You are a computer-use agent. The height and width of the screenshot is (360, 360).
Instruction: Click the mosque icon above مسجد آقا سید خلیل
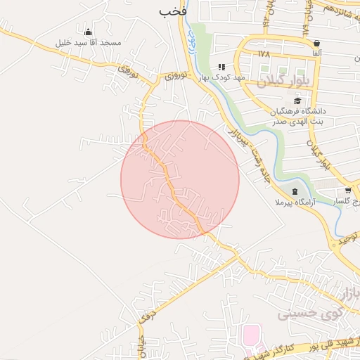tap(88, 32)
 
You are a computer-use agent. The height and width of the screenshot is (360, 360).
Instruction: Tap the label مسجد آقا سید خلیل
tap(89, 43)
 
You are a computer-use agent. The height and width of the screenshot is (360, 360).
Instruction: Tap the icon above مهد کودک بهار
tap(221, 67)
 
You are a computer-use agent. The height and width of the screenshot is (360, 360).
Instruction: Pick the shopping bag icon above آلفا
tap(317, 43)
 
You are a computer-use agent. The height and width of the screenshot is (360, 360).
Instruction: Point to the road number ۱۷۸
tap(264, 53)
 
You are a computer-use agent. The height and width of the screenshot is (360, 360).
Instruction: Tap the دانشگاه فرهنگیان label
tap(298, 110)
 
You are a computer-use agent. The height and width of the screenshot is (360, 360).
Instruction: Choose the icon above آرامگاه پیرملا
tap(294, 191)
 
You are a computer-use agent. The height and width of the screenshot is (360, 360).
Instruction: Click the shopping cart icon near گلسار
tap(348, 191)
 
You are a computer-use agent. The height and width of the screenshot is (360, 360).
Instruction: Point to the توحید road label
tap(348, 240)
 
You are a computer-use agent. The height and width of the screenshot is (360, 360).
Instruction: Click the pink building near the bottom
tap(251, 336)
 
